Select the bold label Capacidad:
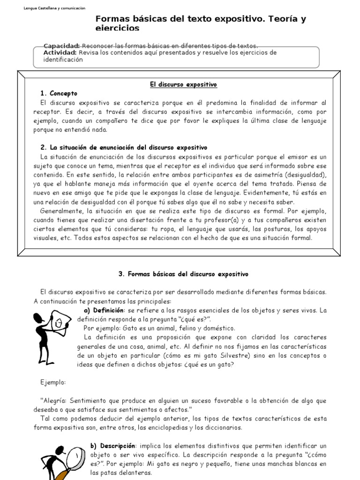[61, 45]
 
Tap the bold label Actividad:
[60, 52]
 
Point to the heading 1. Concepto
[59, 93]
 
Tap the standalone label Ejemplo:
[53, 382]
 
